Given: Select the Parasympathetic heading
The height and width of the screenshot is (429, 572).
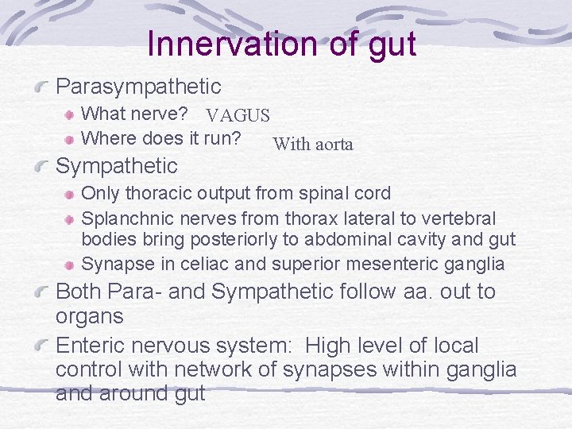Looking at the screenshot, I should point(138,86).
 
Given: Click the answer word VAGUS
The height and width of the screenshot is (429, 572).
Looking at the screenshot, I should point(238,117).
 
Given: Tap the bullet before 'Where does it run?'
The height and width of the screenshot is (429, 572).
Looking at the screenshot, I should point(71,139).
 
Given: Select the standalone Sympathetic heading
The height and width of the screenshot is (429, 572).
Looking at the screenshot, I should point(116,166).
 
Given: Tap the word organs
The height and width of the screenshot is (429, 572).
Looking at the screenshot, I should point(90,316).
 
